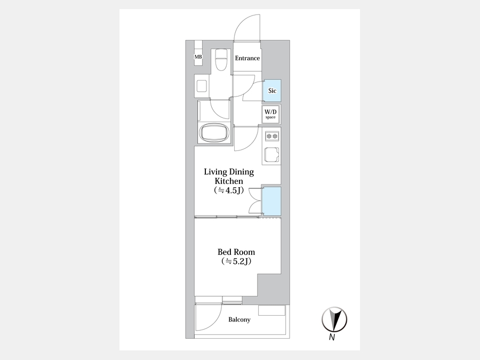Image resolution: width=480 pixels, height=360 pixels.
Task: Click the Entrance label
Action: click(247, 58)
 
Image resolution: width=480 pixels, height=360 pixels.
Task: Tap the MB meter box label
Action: click(198, 57)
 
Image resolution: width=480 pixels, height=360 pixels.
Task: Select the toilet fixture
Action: click(220, 59)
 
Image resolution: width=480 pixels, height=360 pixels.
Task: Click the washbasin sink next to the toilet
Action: click(202, 86)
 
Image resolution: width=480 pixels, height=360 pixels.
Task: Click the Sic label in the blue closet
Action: click(272, 91)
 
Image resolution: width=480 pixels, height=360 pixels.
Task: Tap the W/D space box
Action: click(270, 114)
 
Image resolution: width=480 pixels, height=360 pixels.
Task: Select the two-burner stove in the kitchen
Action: click(272, 136)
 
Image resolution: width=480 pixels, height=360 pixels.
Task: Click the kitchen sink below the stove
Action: click(271, 155)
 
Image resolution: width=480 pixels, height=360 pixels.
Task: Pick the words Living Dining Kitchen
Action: click(229, 177)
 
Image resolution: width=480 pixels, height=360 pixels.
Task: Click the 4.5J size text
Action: click(229, 190)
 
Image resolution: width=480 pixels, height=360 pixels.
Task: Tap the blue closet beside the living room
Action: click(271, 201)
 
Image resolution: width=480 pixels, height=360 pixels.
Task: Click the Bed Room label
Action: click(236, 252)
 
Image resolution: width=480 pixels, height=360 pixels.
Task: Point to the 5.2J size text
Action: click(236, 261)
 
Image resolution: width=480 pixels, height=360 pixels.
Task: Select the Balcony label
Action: click(239, 319)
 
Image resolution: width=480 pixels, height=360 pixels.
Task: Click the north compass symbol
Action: click(334, 319)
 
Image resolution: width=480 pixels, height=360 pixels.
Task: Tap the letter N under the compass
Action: click(332, 338)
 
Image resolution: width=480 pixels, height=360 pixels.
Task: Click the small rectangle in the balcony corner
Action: click(272, 310)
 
